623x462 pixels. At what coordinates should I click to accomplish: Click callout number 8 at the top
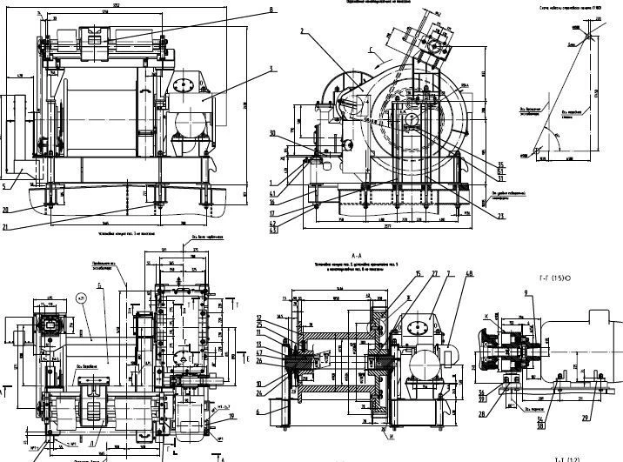[x=271, y=10]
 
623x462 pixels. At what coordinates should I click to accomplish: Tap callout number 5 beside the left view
[x=4, y=184]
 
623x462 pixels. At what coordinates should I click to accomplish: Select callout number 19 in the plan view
[x=232, y=415]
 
